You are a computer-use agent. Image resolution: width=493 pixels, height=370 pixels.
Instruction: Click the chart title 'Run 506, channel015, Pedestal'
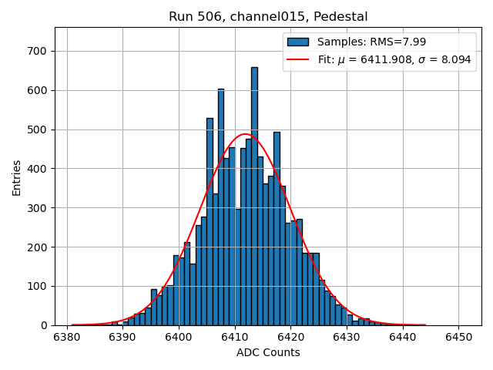tap(268, 16)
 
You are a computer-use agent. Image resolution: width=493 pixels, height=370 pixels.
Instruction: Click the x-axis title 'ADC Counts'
tap(268, 352)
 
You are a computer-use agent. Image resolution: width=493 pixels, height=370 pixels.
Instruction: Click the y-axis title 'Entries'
tap(17, 177)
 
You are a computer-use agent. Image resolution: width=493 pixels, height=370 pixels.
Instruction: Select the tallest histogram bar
tap(254, 196)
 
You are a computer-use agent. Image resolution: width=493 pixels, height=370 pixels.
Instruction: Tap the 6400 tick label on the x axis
tap(179, 337)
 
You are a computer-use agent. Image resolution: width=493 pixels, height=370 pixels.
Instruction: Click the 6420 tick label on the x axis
tap(290, 337)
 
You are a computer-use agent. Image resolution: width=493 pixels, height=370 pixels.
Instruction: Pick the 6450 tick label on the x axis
tap(458, 337)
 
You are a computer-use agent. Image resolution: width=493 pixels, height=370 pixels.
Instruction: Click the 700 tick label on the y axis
tap(37, 51)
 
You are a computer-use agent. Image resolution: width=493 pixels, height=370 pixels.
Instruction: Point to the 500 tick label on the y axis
tap(37, 129)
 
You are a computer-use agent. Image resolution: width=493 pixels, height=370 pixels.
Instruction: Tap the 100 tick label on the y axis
tap(37, 286)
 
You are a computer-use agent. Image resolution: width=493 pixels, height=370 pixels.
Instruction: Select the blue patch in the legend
tap(298, 42)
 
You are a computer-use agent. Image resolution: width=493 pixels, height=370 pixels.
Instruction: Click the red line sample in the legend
tap(298, 59)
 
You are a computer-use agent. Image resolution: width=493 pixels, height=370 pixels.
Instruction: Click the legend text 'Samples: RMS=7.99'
tap(371, 42)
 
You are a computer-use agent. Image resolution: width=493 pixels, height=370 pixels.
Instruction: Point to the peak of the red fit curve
tap(246, 134)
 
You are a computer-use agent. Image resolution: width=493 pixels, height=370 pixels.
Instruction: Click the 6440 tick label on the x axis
tap(402, 337)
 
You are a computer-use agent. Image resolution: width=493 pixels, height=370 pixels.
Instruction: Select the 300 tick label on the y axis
tap(37, 208)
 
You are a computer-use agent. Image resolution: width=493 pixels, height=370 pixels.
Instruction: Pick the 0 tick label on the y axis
tap(45, 325)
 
